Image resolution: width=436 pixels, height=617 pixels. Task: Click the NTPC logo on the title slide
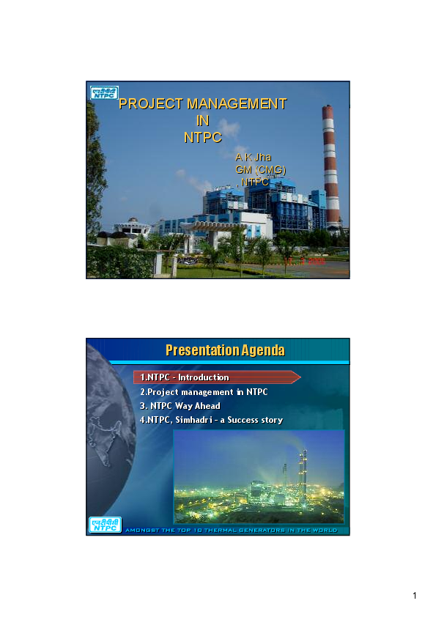click(x=103, y=92)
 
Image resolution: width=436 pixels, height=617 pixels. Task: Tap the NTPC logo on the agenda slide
click(x=105, y=525)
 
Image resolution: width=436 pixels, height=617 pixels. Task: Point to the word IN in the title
click(x=203, y=120)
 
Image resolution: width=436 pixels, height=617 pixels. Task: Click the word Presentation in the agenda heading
click(x=201, y=350)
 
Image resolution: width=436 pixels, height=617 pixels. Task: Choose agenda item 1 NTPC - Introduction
click(x=185, y=377)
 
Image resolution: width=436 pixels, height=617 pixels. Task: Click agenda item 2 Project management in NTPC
click(x=204, y=392)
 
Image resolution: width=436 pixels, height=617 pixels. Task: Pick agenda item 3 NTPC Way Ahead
click(x=180, y=406)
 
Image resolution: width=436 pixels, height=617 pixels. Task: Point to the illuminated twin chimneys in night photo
click(x=301, y=469)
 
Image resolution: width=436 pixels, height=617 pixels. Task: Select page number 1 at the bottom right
click(x=415, y=596)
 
